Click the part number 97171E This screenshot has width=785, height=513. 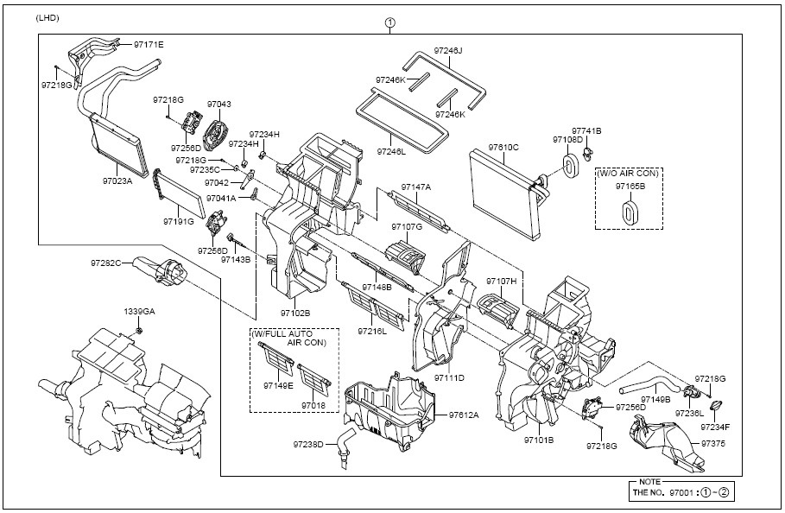point(148,43)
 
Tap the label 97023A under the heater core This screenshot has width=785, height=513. point(117,181)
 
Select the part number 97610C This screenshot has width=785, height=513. point(503,147)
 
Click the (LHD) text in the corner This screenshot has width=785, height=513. point(48,18)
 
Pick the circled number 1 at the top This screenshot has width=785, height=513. point(389,22)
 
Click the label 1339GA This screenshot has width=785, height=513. point(139,311)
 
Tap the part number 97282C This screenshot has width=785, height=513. point(105,262)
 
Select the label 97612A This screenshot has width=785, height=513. point(464,415)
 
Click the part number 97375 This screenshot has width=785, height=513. point(713,444)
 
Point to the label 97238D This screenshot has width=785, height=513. point(307,444)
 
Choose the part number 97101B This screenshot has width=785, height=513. point(538,440)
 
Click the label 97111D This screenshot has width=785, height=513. point(449,378)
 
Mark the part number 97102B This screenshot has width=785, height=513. point(295,313)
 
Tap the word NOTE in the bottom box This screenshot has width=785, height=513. point(650,480)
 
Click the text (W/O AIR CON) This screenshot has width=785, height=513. point(627,173)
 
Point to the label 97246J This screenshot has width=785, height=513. point(448,51)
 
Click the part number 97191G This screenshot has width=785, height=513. point(178,221)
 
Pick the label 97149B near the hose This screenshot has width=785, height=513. point(655,400)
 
